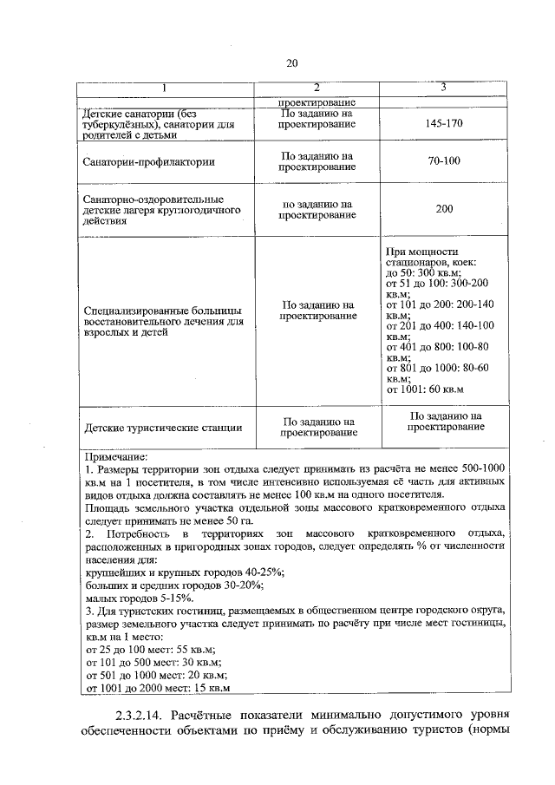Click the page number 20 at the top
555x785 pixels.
click(x=291, y=62)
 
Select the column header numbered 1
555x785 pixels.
click(x=164, y=88)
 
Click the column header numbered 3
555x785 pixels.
click(x=443, y=88)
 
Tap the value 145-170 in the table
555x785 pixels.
click(x=444, y=124)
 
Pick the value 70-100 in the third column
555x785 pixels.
click(x=444, y=161)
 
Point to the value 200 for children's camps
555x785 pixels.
click(x=444, y=209)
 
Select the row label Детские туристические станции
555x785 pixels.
click(x=163, y=427)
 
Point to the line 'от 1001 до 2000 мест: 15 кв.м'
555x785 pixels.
click(x=157, y=689)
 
